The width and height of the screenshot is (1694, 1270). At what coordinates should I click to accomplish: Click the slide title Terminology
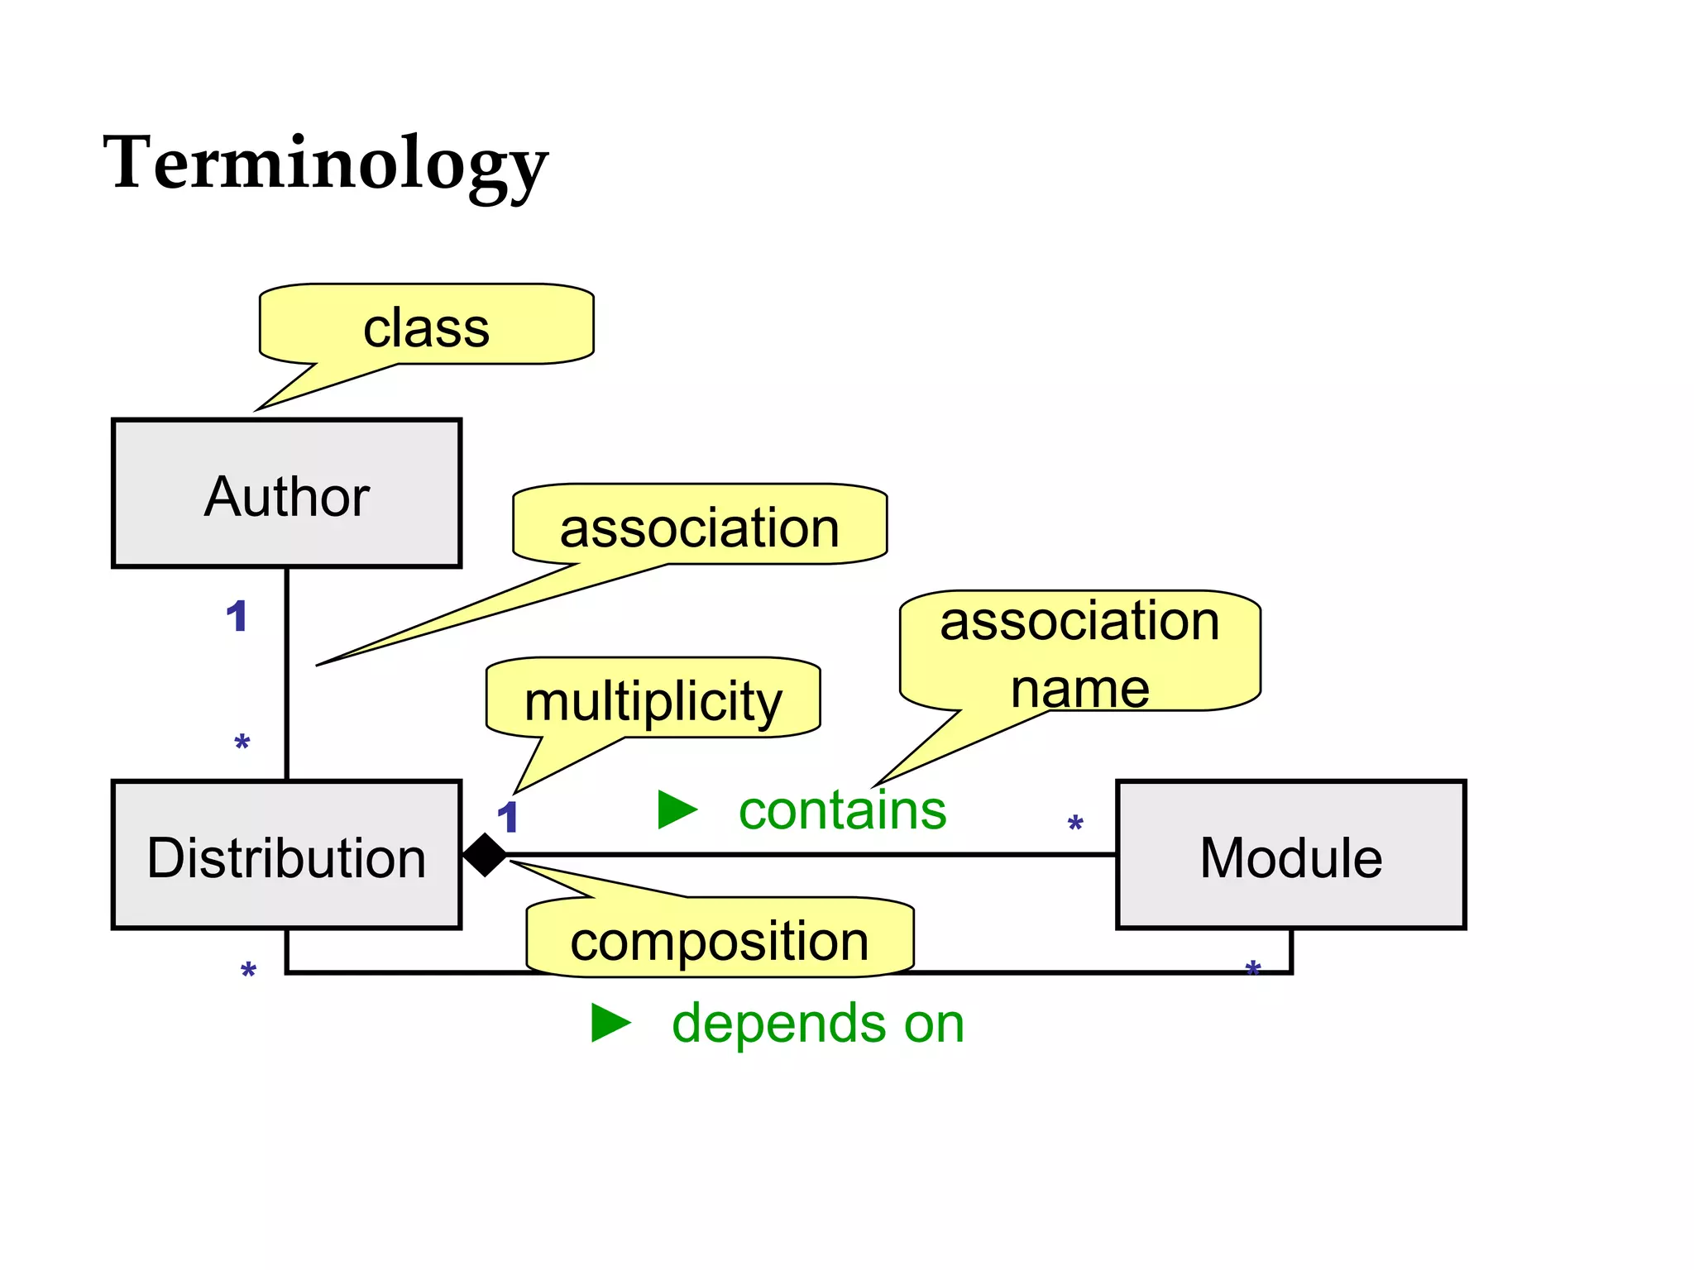(325, 164)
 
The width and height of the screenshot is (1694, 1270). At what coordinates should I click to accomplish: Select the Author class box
(286, 494)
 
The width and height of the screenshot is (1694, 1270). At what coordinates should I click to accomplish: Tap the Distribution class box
(286, 855)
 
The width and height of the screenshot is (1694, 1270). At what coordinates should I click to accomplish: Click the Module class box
(1290, 855)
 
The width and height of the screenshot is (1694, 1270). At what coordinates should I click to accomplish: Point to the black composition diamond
(485, 855)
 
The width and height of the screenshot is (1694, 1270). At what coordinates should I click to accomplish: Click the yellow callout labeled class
(426, 327)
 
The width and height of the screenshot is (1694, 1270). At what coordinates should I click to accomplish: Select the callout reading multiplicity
(653, 699)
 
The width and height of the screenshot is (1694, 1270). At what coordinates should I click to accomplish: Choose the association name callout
(1079, 653)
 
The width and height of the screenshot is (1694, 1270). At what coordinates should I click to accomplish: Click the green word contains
(842, 810)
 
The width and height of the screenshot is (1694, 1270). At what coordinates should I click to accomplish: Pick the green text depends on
(817, 1024)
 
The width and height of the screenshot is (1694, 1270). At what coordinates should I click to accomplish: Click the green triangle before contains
(677, 809)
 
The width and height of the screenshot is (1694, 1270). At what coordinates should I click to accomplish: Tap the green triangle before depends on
(610, 1023)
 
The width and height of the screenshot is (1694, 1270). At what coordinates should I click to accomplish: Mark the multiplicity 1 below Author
(237, 616)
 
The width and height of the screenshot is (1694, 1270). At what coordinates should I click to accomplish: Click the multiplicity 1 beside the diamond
(507, 818)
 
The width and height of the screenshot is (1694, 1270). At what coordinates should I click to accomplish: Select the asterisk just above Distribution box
(242, 742)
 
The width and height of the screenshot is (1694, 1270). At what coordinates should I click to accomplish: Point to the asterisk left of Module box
(1075, 824)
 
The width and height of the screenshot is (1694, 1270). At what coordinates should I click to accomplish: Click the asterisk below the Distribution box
(248, 970)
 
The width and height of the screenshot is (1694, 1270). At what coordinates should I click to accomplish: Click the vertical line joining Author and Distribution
(286, 674)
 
